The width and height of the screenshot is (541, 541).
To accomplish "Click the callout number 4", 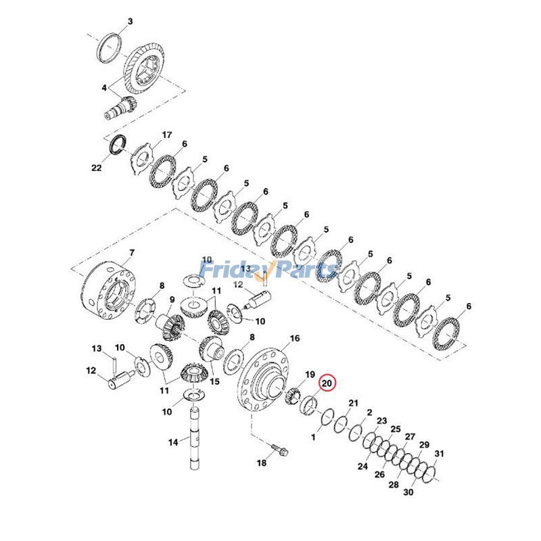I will (x=104, y=88).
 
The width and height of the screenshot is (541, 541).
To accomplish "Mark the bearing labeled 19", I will (x=295, y=398).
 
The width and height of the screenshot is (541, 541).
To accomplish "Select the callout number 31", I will (x=439, y=454).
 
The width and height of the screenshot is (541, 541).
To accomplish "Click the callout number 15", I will (x=214, y=381).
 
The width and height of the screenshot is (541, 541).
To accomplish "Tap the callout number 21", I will (x=352, y=404).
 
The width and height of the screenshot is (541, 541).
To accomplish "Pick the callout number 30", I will (x=408, y=493).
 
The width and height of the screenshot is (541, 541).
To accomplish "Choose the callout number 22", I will (x=96, y=167).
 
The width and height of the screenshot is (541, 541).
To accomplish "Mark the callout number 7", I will (x=132, y=252).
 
